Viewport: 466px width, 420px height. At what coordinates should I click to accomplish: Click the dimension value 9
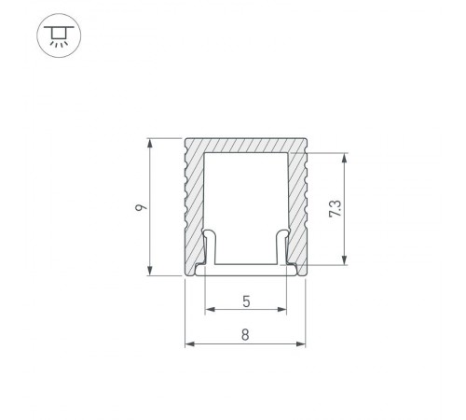(137, 209)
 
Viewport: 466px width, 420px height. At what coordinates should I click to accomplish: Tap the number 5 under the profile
(245, 301)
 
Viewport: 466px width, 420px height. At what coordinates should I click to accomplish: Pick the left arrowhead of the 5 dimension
(209, 309)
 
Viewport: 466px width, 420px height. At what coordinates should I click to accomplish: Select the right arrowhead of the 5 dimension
(282, 309)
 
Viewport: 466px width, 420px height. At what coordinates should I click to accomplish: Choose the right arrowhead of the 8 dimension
(303, 343)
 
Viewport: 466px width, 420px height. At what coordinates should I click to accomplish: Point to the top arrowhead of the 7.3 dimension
(348, 158)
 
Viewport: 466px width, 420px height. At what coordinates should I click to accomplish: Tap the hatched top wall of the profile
(246, 145)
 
